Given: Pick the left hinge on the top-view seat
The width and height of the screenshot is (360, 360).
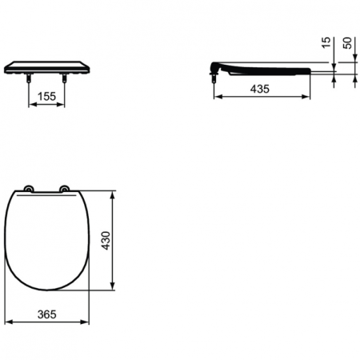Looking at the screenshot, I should tap(30, 189).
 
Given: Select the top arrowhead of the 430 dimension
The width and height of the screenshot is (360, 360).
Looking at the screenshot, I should tap(116, 193).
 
